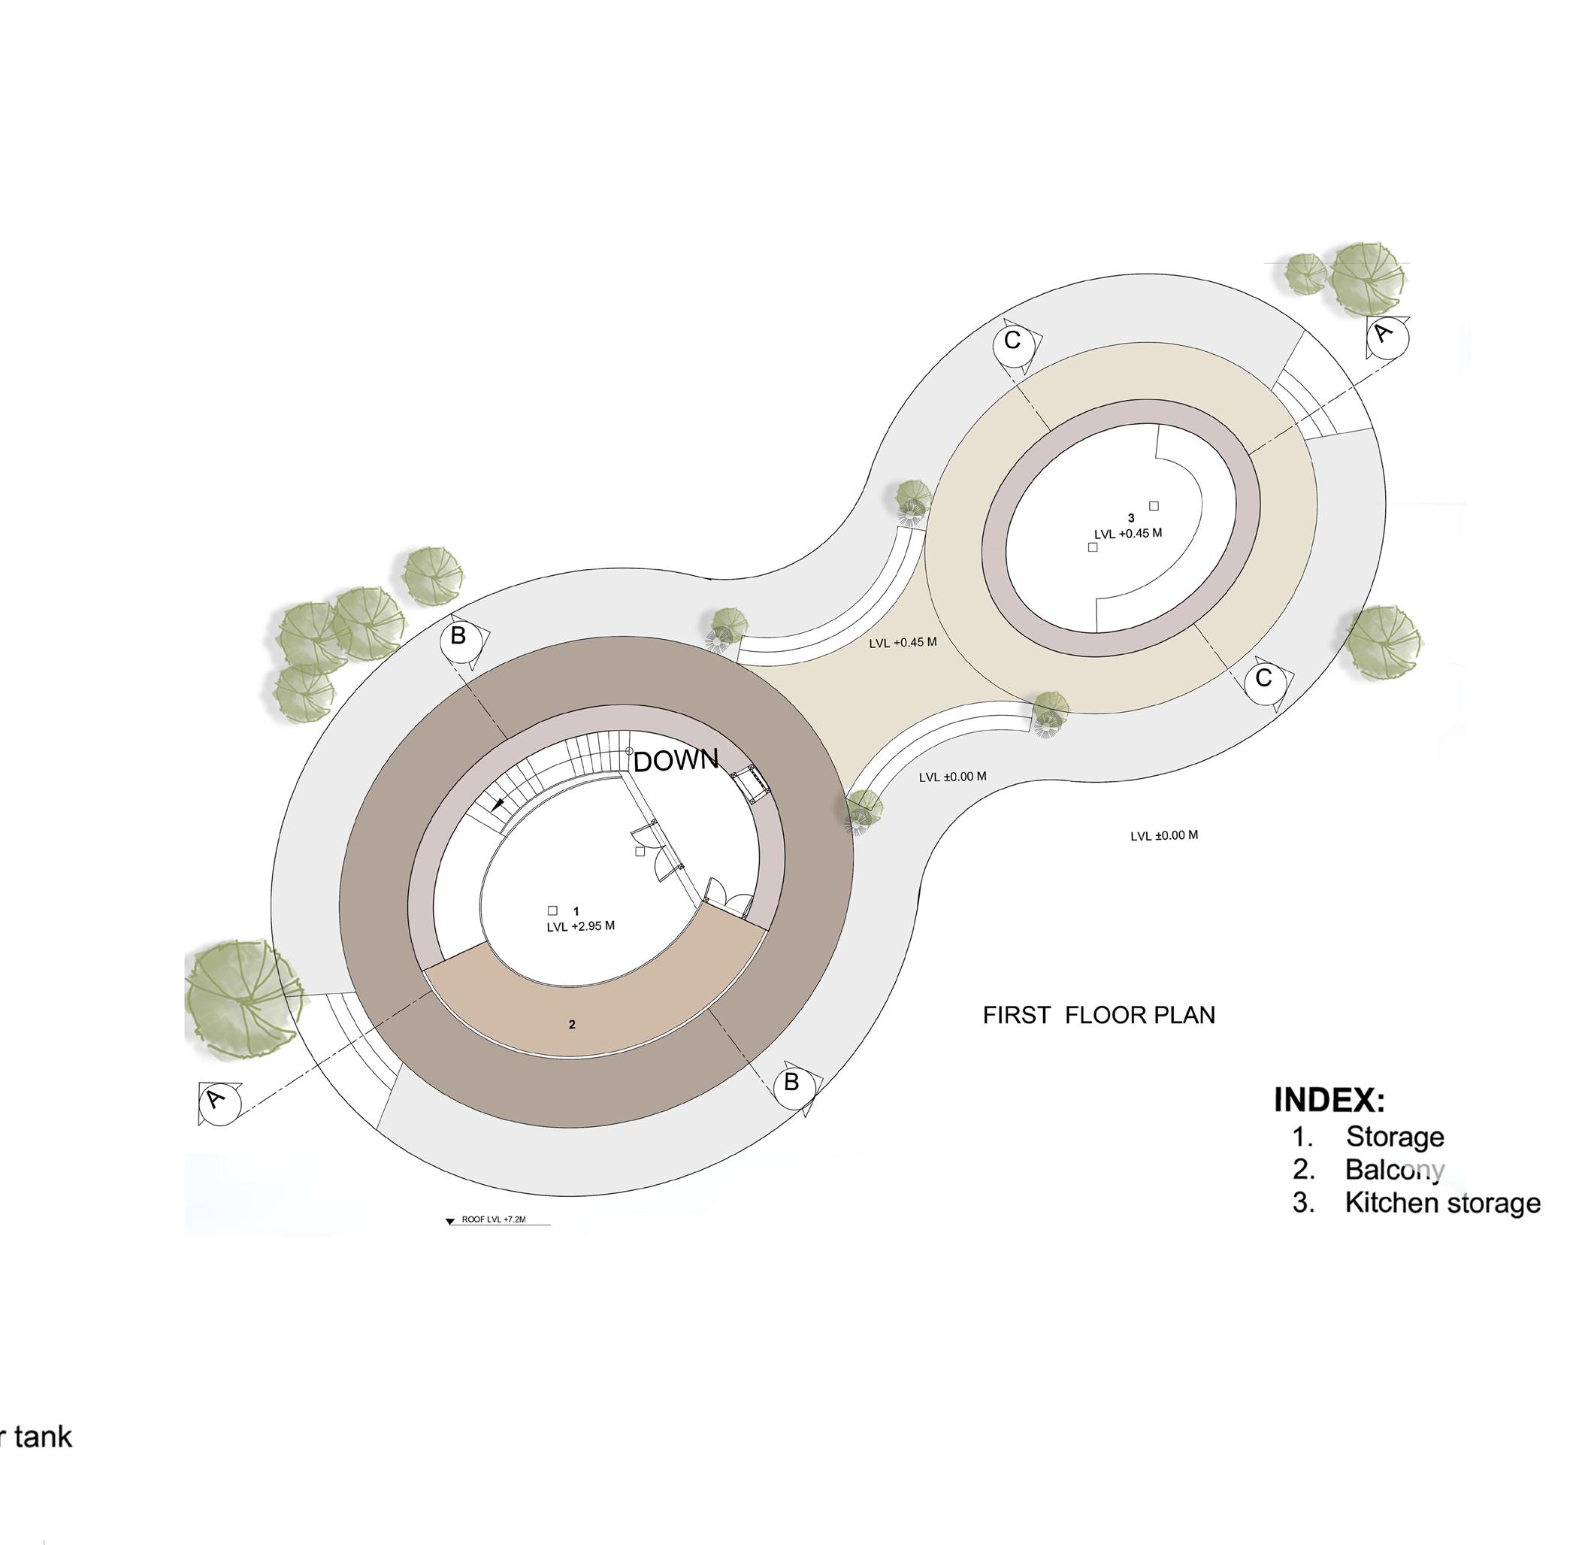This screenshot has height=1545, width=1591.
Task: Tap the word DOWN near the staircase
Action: [x=676, y=760]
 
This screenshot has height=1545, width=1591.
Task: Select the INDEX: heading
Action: [x=1329, y=1099]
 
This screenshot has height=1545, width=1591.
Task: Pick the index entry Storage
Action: [x=1395, y=1137]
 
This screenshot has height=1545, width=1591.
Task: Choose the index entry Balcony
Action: [x=1395, y=1170]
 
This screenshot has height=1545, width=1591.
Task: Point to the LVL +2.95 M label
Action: [x=580, y=926]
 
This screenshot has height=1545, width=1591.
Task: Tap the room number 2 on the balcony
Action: [x=571, y=1025]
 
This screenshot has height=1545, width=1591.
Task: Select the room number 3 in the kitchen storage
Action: [x=1131, y=518]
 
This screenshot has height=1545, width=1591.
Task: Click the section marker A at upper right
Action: [x=1387, y=335]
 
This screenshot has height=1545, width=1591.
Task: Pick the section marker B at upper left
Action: [x=459, y=637]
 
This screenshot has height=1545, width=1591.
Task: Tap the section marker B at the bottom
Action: [x=793, y=1084]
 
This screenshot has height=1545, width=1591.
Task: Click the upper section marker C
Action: [x=1013, y=342]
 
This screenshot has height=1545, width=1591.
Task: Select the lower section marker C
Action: [x=1264, y=679]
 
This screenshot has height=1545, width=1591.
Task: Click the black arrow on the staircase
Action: [x=498, y=804]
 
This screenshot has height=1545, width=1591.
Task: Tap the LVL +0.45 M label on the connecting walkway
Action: [x=903, y=642]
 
